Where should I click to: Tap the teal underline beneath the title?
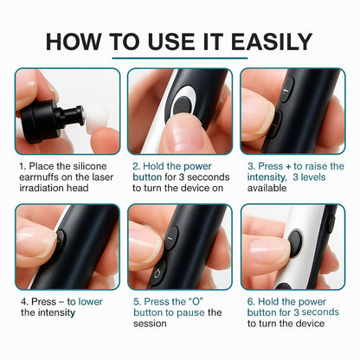(x=180, y=59)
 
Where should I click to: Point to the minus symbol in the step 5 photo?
(x=172, y=232)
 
